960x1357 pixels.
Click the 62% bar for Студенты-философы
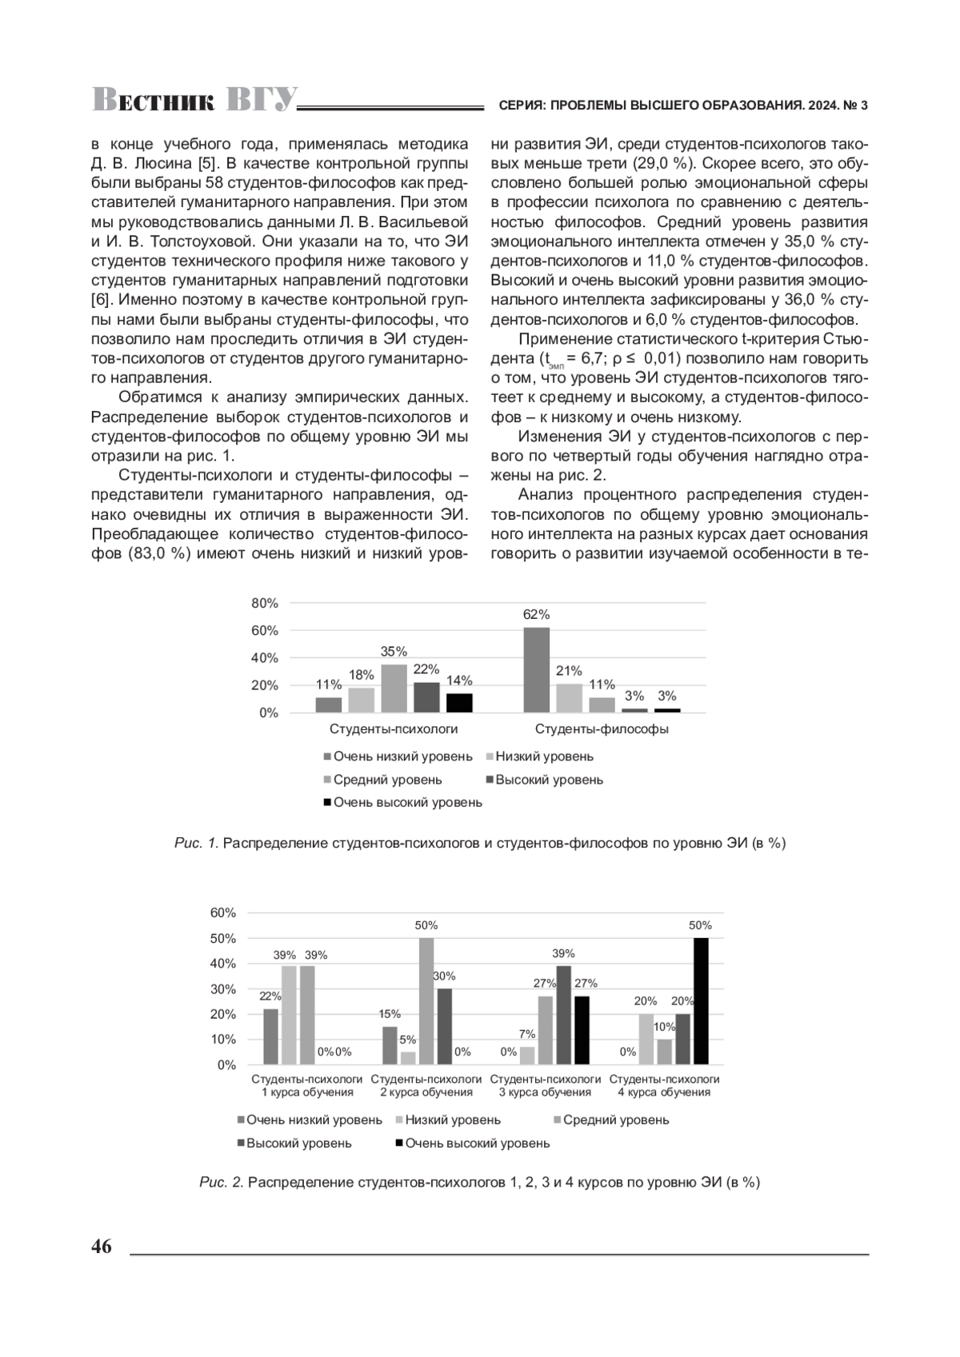click(536, 669)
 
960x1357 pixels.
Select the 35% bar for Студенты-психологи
click(394, 688)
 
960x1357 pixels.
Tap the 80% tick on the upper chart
click(265, 603)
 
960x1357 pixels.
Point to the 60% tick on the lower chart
click(223, 912)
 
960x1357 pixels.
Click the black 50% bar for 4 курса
click(701, 1000)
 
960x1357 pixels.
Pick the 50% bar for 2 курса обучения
click(426, 1000)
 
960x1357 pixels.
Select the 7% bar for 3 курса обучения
click(527, 1056)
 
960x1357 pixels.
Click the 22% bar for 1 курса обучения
click(271, 1036)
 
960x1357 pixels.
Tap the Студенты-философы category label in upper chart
click(602, 729)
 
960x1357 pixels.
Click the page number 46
click(102, 1247)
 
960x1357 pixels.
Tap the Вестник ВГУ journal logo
click(195, 100)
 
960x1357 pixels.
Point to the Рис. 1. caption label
click(196, 843)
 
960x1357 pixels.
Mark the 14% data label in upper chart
click(459, 680)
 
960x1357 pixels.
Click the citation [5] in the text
click(205, 164)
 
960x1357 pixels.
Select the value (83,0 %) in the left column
click(158, 554)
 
